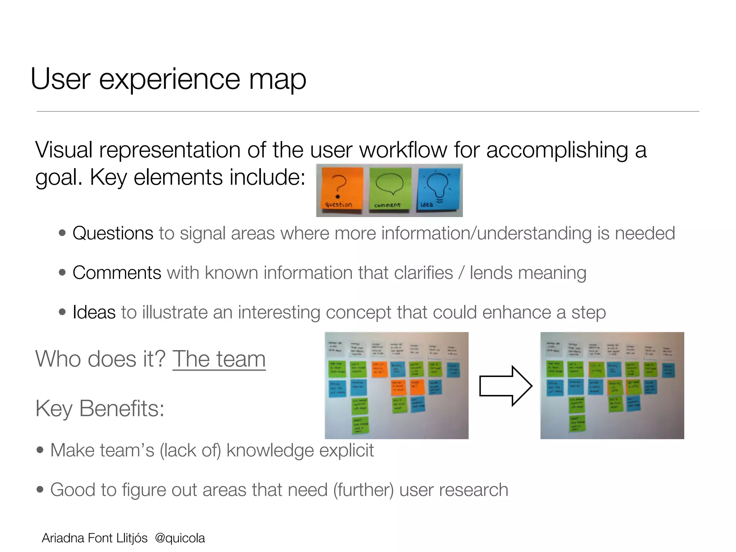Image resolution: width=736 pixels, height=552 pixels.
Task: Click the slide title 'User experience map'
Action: pos(168,79)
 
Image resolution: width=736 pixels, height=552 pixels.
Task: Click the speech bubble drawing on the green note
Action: pos(389,183)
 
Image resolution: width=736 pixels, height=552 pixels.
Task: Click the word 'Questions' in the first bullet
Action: pos(113,233)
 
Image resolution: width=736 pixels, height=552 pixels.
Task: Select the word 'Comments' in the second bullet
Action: pos(117,273)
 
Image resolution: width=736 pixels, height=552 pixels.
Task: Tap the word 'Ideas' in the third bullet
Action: pos(94,312)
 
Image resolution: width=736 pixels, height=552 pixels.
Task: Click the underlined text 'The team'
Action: pos(219,359)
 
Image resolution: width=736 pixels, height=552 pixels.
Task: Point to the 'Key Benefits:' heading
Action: pos(100,409)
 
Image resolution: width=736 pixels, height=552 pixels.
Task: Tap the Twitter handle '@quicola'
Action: pos(180,538)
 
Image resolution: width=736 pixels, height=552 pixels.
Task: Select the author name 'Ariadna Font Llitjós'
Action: pos(95,538)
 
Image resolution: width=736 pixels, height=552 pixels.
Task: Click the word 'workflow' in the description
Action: pos(403,150)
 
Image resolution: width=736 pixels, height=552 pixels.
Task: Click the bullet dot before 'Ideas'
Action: pos(63,312)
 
